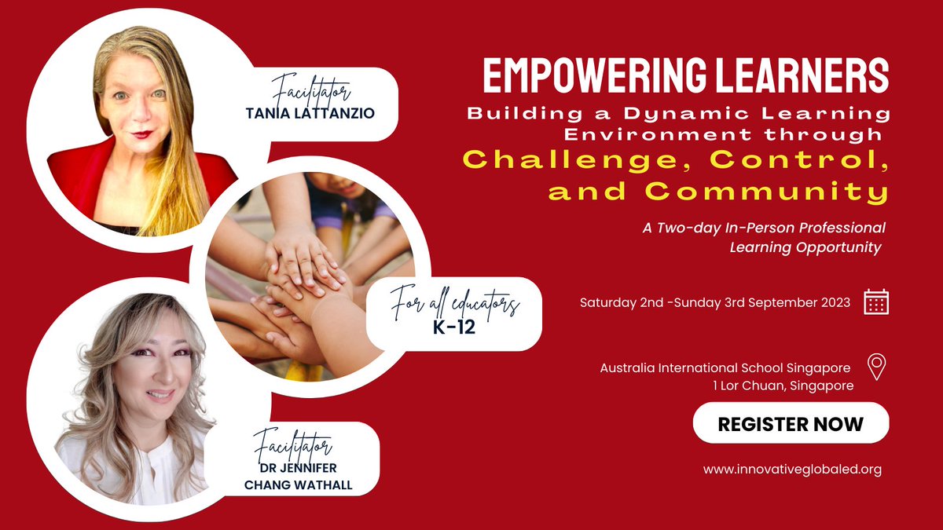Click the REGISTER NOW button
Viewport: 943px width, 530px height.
coord(791,424)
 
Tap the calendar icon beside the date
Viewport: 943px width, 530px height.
coord(876,302)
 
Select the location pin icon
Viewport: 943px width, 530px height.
coord(876,367)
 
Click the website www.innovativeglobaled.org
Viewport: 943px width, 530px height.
coord(792,470)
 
